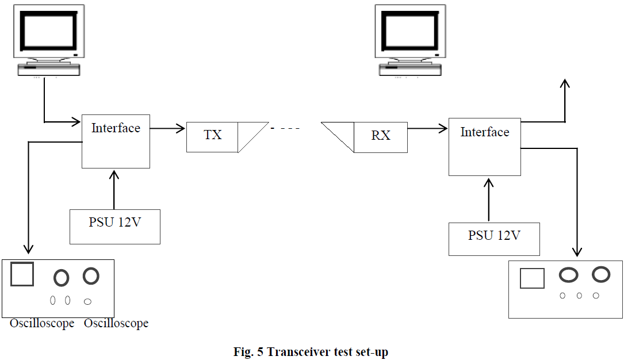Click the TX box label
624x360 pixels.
tap(212, 136)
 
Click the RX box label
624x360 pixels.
tap(381, 136)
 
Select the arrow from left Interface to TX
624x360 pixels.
tap(168, 128)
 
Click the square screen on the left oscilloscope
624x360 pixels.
tap(22, 274)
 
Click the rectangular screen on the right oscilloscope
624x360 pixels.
tap(532, 279)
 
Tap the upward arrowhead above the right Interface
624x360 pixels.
tap(565, 84)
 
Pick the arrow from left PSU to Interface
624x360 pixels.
tap(114, 189)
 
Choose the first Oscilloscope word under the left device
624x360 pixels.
tap(42, 324)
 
